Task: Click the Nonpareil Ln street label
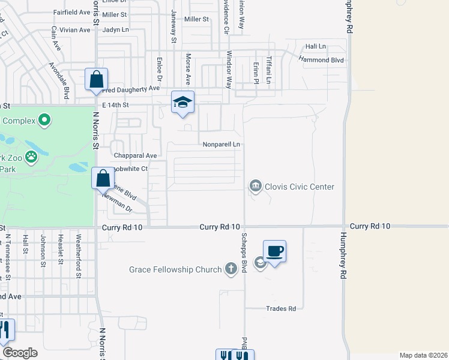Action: coord(221,145)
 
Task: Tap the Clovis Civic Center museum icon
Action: coord(256,187)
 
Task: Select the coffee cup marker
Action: coord(274,251)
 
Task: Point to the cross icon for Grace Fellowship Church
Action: coord(231,269)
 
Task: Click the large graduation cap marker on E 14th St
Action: coord(182,102)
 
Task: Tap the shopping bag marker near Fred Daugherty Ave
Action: coord(96,80)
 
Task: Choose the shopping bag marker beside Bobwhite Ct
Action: coord(103,178)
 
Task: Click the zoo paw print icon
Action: coord(31,158)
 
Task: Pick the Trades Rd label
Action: coord(282,309)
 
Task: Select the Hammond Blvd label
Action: coord(321,60)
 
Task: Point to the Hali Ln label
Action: coord(315,46)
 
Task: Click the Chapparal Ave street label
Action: coord(135,155)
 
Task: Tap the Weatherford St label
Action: coord(79,248)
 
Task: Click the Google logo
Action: coord(20,353)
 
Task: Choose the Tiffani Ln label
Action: coord(270,70)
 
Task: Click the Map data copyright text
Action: coord(423,355)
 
